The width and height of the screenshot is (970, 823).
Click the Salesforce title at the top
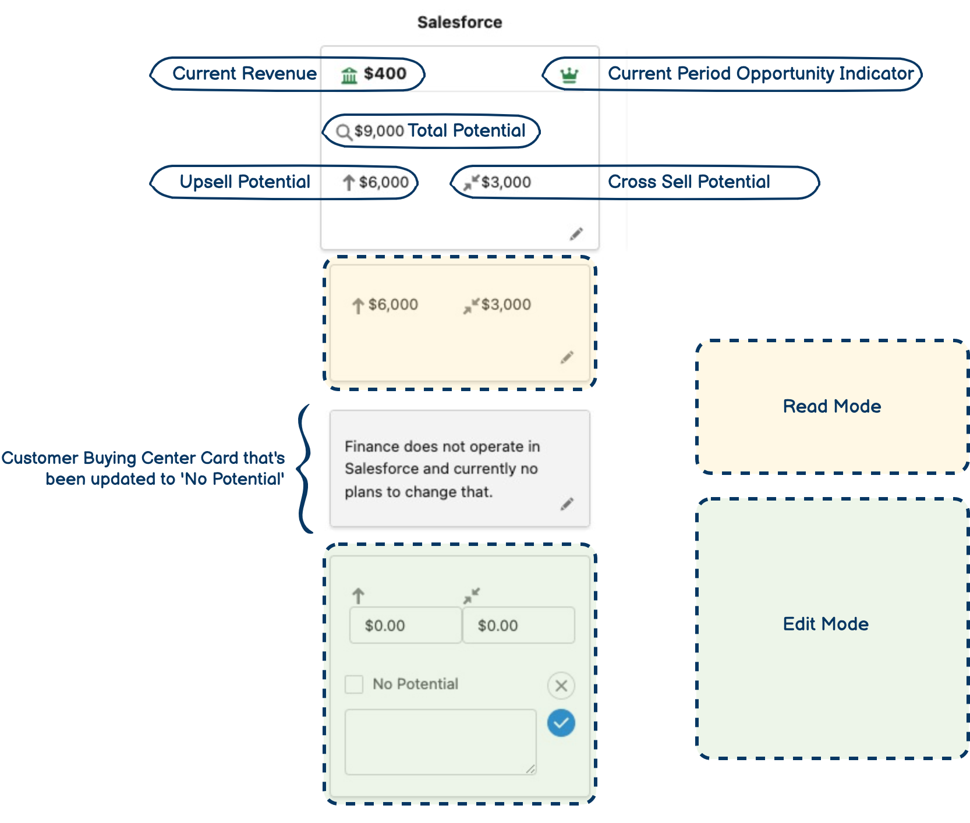(459, 22)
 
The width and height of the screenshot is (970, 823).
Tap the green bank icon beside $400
(349, 75)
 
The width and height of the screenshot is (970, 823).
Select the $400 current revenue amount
(385, 73)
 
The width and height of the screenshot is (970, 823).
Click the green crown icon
(569, 75)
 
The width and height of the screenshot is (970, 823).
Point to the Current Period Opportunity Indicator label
(760, 73)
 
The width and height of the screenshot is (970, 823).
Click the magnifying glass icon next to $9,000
(344, 132)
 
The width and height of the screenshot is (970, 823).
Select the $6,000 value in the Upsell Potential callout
(383, 182)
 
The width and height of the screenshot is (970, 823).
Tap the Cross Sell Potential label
(689, 182)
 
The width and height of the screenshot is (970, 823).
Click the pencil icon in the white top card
(576, 234)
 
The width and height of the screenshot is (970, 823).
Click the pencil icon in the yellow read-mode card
(567, 357)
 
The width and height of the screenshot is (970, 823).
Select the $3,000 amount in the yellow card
(505, 304)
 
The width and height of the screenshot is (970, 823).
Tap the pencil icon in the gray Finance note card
(567, 504)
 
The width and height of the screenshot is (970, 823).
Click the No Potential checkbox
(354, 684)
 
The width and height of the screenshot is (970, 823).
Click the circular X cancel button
(561, 686)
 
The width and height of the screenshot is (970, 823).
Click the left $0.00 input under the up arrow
(405, 625)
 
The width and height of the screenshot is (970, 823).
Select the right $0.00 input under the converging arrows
(518, 625)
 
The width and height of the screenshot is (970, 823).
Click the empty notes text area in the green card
(440, 742)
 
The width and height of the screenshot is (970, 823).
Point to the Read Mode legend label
(831, 406)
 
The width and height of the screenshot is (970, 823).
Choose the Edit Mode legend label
(825, 624)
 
